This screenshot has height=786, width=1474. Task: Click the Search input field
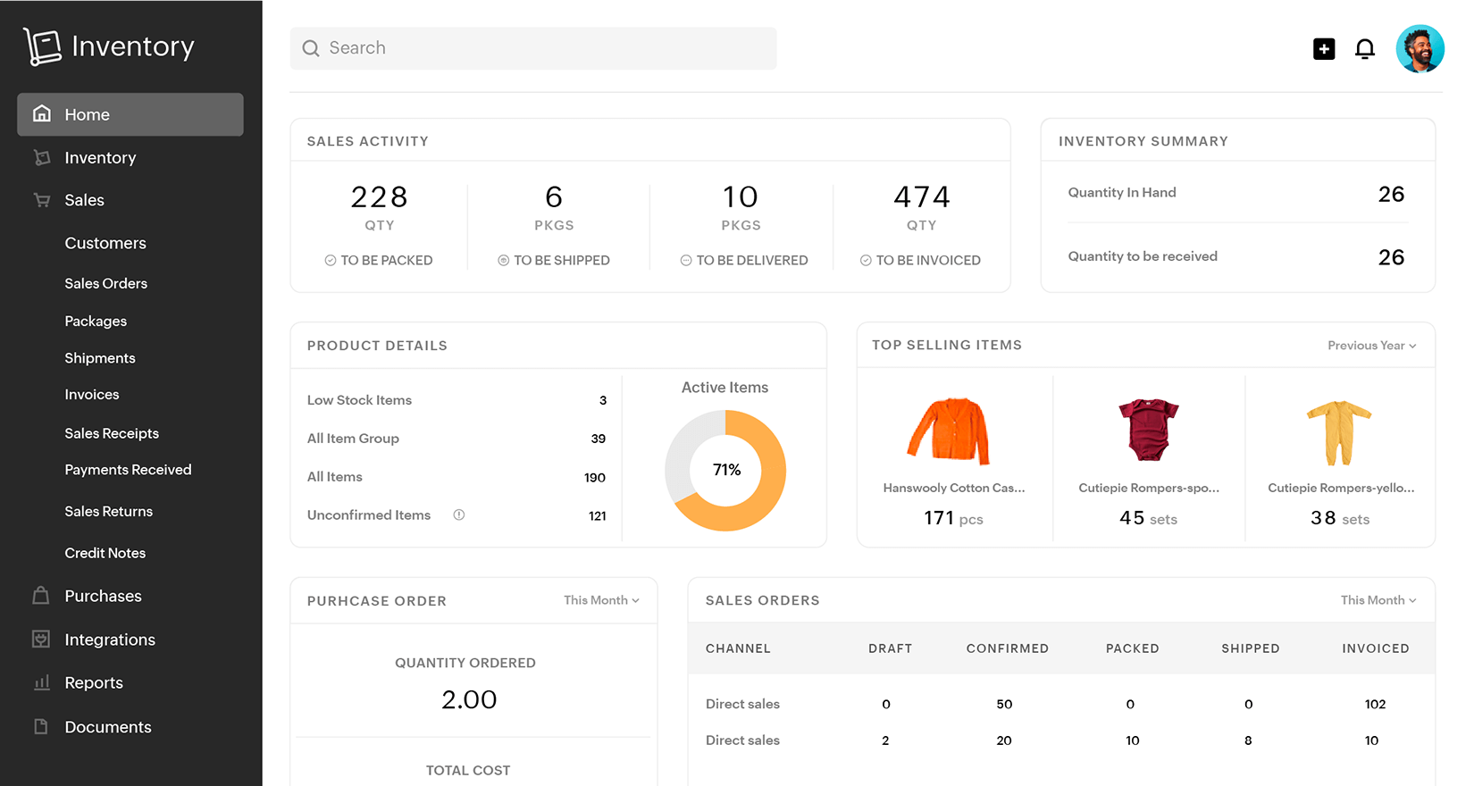pyautogui.click(x=533, y=48)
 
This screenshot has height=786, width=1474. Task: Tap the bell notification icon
pyautogui.click(x=1364, y=48)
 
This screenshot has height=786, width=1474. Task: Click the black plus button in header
pyautogui.click(x=1324, y=49)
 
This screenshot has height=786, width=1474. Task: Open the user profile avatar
pyautogui.click(x=1420, y=48)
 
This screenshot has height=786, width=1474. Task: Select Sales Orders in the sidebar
pyautogui.click(x=105, y=283)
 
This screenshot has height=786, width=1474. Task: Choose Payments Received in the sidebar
pyautogui.click(x=128, y=470)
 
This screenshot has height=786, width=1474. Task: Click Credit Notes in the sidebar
pyautogui.click(x=105, y=553)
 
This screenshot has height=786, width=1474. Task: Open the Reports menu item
pyautogui.click(x=93, y=682)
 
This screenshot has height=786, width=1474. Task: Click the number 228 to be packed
pyautogui.click(x=379, y=196)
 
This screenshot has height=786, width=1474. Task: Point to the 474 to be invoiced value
pyautogui.click(x=921, y=196)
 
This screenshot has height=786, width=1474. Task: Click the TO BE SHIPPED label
pyautogui.click(x=561, y=260)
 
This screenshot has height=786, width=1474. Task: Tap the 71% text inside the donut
pyautogui.click(x=726, y=470)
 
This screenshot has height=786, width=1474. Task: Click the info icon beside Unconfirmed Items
pyautogui.click(x=458, y=514)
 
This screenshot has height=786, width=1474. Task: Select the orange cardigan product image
pyautogui.click(x=950, y=431)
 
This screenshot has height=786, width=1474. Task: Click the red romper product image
pyautogui.click(x=1148, y=430)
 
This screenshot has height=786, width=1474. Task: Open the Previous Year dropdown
pyautogui.click(x=1371, y=346)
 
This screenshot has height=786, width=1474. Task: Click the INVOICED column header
pyautogui.click(x=1375, y=648)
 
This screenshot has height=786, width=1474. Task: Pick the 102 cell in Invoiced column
pyautogui.click(x=1375, y=704)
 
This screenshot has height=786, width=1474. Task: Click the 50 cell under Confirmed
pyautogui.click(x=1004, y=704)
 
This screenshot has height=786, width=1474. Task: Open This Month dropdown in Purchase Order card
pyautogui.click(x=601, y=600)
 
